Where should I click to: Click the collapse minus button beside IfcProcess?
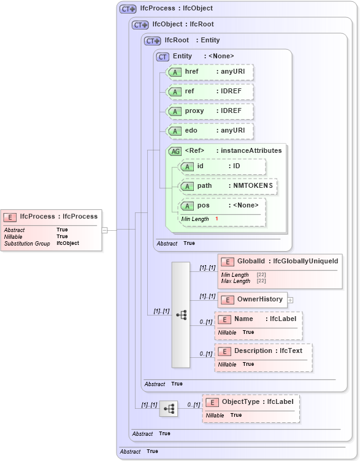click(105, 230)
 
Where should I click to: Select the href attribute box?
click(210, 72)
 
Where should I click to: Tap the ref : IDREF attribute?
click(210, 92)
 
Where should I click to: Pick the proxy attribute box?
click(210, 111)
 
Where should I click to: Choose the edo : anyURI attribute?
click(210, 131)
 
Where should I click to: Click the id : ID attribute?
click(222, 166)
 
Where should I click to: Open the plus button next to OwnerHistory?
click(291, 300)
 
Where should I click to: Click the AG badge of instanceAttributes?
click(175, 151)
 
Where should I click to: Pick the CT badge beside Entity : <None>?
click(163, 56)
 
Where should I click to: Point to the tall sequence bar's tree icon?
click(181, 314)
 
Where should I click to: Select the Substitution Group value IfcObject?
click(67, 243)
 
